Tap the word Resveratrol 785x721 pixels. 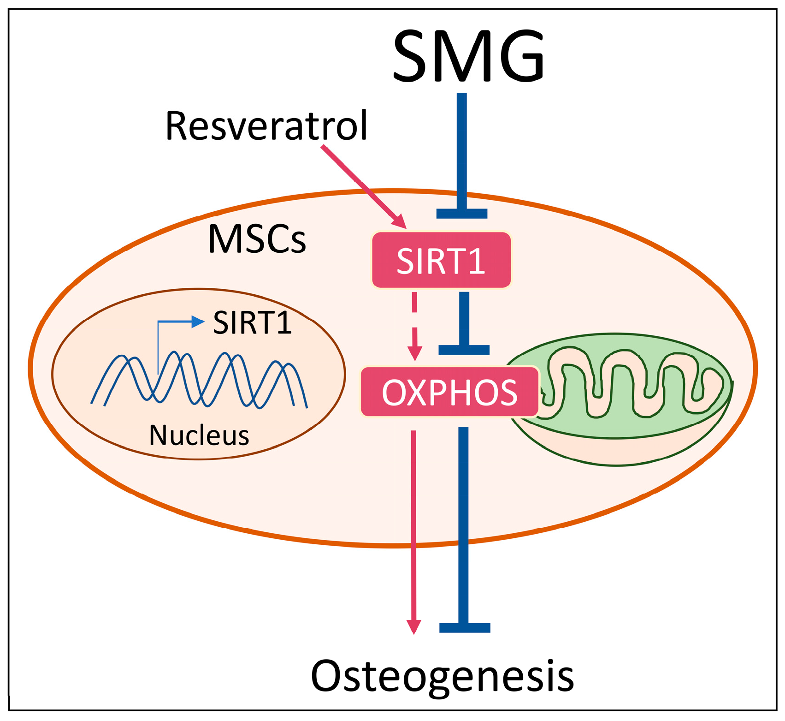click(266, 126)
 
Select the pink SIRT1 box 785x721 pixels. click(441, 261)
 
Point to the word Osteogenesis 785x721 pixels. click(443, 676)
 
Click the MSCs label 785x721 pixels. click(257, 239)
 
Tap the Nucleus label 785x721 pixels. click(199, 435)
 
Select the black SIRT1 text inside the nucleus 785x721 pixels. click(252, 322)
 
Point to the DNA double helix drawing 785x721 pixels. click(199, 381)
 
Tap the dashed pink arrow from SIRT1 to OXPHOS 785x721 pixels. click(415, 323)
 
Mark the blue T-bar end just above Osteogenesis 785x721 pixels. click(465, 627)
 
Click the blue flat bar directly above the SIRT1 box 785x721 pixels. click(462, 214)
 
